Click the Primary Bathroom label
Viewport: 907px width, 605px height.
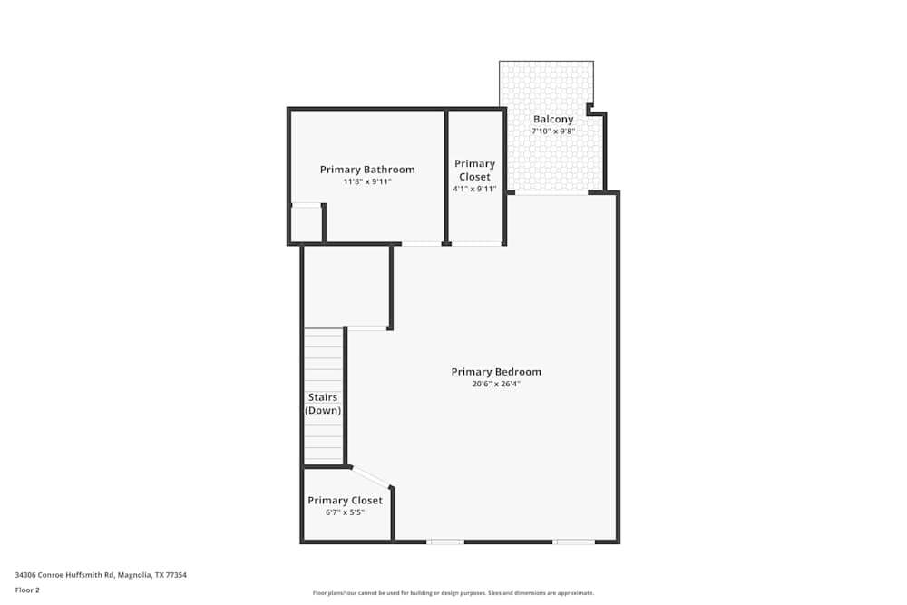pos(367,170)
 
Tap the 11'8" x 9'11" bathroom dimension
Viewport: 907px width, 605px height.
pos(367,181)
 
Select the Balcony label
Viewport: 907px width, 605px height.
pos(553,119)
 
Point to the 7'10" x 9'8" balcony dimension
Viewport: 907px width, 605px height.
pos(553,132)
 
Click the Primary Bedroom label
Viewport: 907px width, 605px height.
pos(496,371)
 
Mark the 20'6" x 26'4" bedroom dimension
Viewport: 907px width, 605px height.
pos(496,384)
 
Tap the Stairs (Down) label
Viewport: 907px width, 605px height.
pos(323,404)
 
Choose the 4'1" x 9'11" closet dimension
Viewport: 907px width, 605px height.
pos(474,189)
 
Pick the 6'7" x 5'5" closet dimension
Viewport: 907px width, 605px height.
pos(345,512)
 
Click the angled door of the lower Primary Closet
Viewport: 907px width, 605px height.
pos(371,476)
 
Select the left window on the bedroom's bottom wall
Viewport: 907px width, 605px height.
pos(445,542)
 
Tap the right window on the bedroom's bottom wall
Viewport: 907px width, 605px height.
pos(572,542)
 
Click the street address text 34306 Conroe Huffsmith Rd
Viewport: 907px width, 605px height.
pos(65,575)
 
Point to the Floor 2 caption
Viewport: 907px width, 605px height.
pos(27,590)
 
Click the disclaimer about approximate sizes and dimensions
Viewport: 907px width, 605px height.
pos(453,593)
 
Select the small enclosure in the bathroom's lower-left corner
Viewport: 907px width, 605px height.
pos(306,223)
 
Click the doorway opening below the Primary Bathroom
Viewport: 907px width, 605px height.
pos(422,244)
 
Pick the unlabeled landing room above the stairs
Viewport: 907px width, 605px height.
pos(346,287)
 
